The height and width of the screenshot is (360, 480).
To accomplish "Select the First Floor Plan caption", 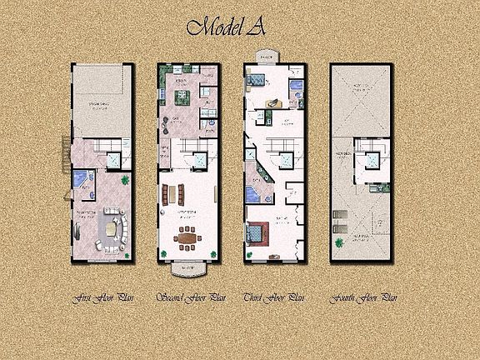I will coord(101,296).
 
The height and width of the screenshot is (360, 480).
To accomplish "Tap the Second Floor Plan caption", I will coord(191,296).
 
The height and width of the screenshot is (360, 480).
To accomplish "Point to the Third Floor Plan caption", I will coord(275,296).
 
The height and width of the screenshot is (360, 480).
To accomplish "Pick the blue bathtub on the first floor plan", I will coord(77,179).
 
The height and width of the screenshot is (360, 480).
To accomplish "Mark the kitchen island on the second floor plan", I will coord(181,99).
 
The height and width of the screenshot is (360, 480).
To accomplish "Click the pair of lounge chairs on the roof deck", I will coord(339,222).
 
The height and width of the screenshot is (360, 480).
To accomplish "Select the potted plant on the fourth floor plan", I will coord(340,243).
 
